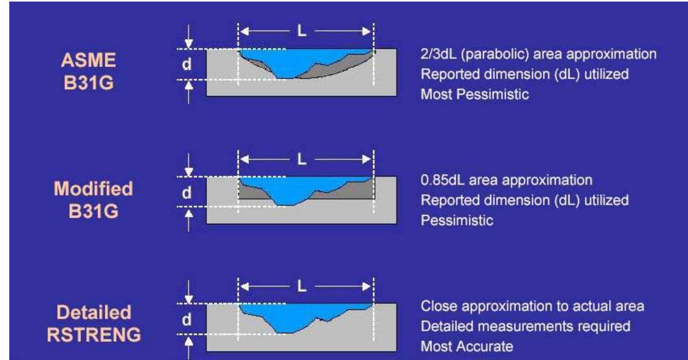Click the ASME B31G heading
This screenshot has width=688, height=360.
point(88,71)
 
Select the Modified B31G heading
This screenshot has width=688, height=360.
point(93,199)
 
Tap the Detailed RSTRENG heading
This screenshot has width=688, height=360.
point(94,324)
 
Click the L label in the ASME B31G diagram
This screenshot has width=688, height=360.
point(301,31)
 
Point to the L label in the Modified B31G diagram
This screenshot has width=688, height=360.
point(301,159)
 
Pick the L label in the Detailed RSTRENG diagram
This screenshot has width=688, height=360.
point(301,286)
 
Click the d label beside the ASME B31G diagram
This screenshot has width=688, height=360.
point(187,64)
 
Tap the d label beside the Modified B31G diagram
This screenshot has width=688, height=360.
point(187,193)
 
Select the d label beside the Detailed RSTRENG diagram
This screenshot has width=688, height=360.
point(187,319)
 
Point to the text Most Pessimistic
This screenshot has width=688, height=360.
point(475,94)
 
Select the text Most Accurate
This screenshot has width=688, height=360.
point(467,346)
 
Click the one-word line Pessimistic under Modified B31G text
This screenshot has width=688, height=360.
point(457,220)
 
